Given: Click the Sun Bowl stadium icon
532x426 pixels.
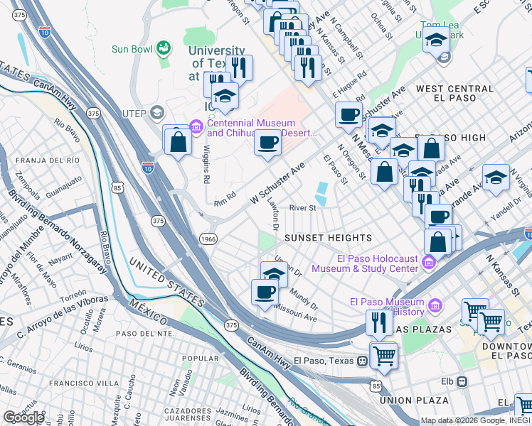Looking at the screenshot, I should point(164,48).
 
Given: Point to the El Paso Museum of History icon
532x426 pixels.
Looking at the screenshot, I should point(435,307).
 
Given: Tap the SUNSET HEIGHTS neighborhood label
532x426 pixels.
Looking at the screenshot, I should point(328,237).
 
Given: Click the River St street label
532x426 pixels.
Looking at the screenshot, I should point(302,208).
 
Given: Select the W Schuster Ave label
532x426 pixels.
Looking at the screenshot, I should point(277,183).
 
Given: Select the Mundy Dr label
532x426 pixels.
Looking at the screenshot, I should point(304,297).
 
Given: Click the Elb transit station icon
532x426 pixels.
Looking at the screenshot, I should point(462,382).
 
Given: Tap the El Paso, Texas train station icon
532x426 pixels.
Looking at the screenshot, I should point(363,361).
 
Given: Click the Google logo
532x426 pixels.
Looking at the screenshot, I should point(23,417).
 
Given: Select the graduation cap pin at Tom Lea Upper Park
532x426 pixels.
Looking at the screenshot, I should point(436,40).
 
